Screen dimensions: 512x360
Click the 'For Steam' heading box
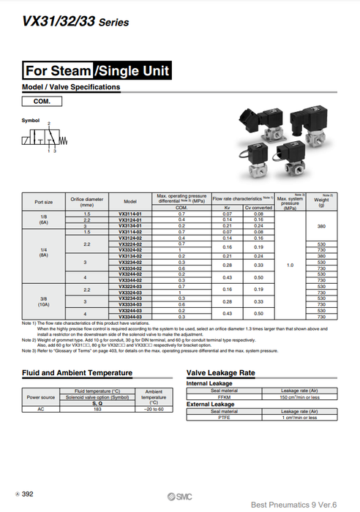[x=57, y=71]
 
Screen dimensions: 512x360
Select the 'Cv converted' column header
[x=258, y=207]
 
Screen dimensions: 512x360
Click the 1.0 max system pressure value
[x=290, y=265]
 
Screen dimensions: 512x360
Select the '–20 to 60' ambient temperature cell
[x=154, y=409]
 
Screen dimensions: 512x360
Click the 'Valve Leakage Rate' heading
[x=221, y=373]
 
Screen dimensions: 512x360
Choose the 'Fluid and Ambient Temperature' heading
[x=77, y=373]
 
